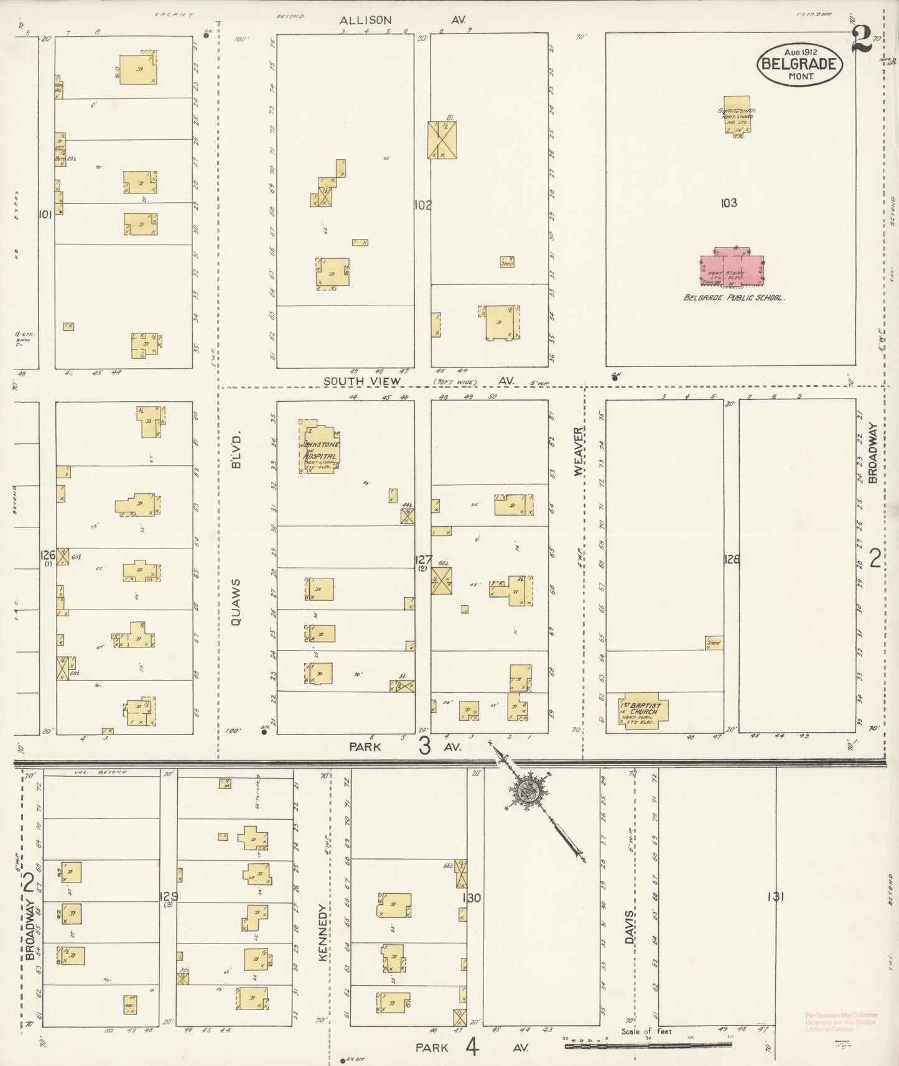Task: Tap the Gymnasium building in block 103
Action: [737, 114]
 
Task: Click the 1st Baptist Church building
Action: [643, 711]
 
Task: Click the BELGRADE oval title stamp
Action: [799, 64]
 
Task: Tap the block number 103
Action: [729, 203]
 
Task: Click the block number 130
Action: [472, 898]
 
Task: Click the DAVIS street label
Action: [630, 928]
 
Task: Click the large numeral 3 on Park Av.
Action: [425, 746]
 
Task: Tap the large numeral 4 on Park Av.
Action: [472, 1047]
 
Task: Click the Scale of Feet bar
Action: [647, 1046]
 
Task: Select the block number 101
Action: [44, 215]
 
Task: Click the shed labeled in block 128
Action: [714, 642]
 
